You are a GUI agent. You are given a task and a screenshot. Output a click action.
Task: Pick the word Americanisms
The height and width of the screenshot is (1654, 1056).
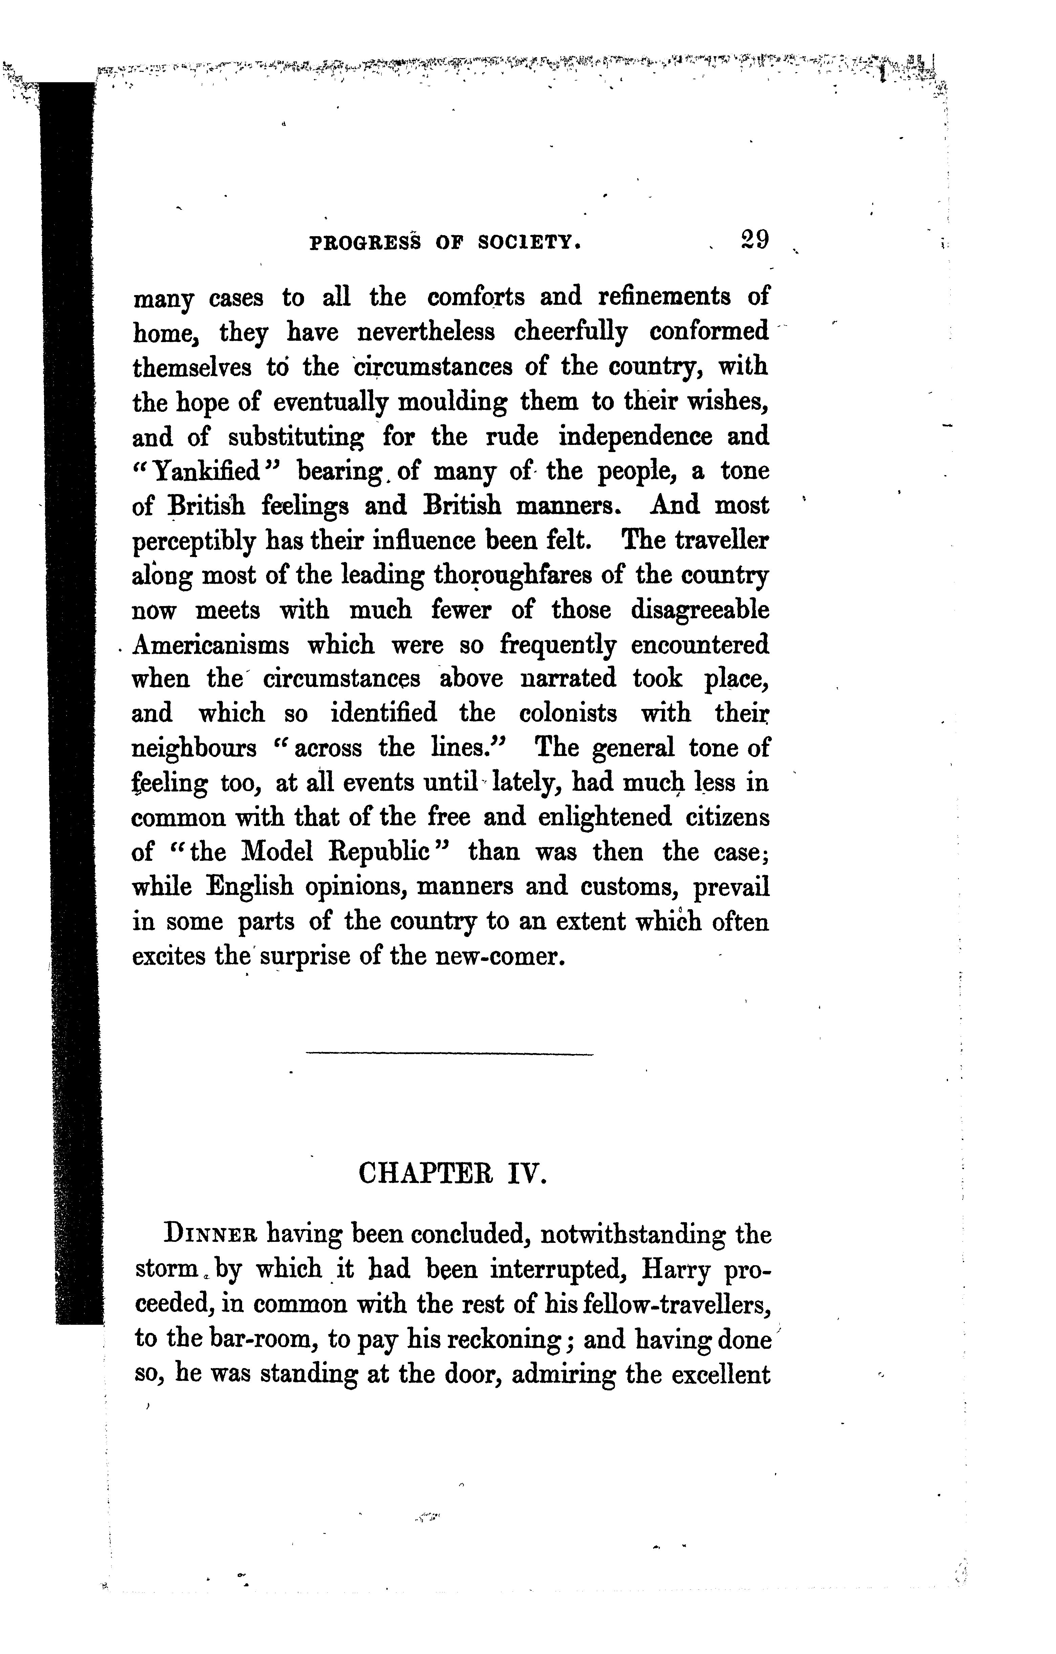[x=211, y=645]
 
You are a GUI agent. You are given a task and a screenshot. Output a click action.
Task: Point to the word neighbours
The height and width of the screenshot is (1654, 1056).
[x=194, y=748]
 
